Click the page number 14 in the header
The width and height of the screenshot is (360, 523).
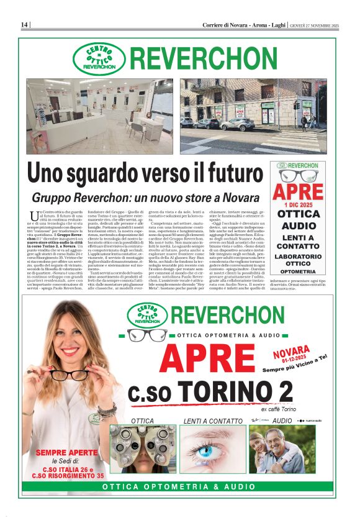click(x=24, y=25)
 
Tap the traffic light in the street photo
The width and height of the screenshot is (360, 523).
click(x=296, y=106)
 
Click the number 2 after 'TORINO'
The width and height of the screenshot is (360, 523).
click(x=285, y=393)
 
